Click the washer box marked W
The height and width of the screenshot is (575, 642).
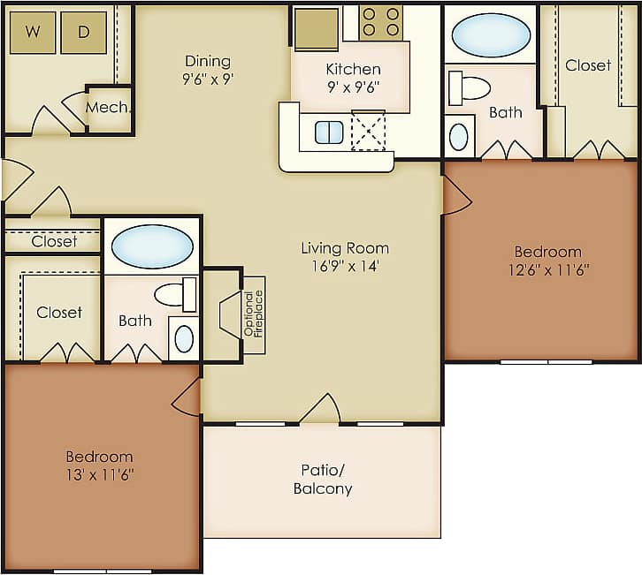tap(33, 33)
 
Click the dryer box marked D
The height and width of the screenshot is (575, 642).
tap(84, 33)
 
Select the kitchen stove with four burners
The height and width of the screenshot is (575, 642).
tap(380, 21)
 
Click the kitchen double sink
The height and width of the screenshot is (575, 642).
tap(329, 132)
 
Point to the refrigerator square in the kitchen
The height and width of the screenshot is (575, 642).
tap(317, 28)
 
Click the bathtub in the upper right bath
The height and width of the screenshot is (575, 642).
tap(491, 35)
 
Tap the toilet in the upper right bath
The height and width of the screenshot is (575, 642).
tap(470, 87)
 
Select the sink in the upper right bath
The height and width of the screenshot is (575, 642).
tap(459, 137)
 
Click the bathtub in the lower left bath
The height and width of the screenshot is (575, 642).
tap(152, 246)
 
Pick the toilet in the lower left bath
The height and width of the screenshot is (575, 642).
tap(175, 294)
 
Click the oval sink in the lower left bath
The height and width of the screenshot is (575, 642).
tap(184, 339)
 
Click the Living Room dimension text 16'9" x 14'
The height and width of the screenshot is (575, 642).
tap(345, 266)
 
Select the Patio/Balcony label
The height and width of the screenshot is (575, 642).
tap(323, 480)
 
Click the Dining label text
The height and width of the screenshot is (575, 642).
tap(208, 61)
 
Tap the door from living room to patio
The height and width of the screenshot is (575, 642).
tap(319, 411)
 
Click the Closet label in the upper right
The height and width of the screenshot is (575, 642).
tap(588, 65)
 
